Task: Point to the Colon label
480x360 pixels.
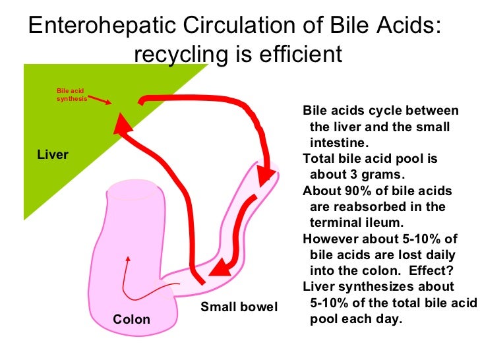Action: click(131, 320)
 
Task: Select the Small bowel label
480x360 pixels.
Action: click(239, 307)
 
